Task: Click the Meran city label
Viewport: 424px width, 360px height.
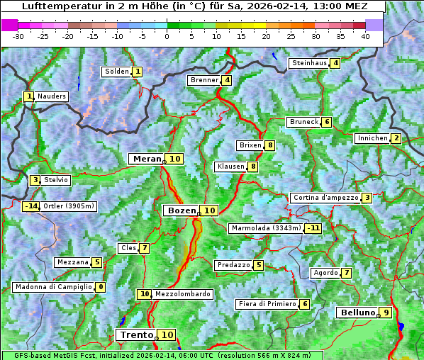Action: [147, 159]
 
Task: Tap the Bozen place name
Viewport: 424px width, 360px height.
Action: [181, 210]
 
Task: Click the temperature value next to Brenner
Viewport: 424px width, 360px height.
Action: [227, 80]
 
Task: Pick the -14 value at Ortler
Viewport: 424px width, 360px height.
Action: [31, 206]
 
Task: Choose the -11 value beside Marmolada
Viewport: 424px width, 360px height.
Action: [313, 228]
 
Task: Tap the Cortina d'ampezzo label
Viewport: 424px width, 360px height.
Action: [325, 198]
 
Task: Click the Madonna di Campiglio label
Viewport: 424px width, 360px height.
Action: [53, 287]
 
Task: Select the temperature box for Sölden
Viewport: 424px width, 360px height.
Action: [138, 72]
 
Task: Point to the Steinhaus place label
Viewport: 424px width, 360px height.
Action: [309, 63]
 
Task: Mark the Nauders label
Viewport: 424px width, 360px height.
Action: [52, 96]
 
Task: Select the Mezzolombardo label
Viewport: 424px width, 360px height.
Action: [182, 294]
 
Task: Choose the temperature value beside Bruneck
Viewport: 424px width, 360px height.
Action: [326, 122]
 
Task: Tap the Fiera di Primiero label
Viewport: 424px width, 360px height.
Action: [267, 304]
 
